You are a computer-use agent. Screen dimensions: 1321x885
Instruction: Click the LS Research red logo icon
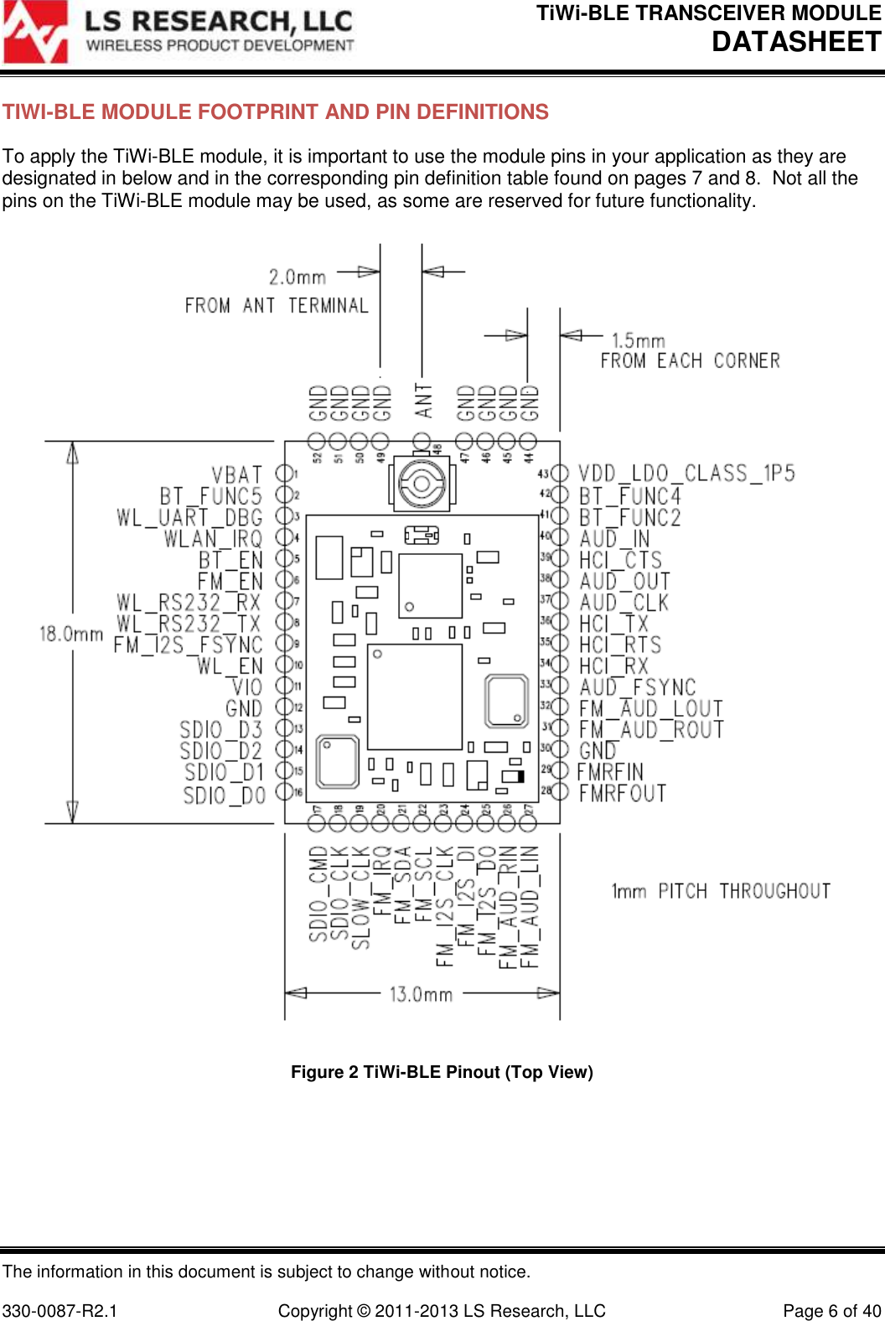(x=35, y=33)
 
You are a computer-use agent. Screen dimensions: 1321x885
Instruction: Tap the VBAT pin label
(x=236, y=475)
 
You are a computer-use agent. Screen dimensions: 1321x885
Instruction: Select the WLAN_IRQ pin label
(x=213, y=539)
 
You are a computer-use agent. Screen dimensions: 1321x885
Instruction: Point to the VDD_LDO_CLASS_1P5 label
(x=686, y=474)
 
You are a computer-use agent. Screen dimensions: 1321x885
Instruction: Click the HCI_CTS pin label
(x=620, y=560)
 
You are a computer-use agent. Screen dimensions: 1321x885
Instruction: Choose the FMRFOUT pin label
(x=622, y=793)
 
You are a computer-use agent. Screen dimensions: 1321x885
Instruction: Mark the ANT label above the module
(x=423, y=401)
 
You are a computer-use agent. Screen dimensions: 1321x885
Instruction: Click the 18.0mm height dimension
(x=71, y=634)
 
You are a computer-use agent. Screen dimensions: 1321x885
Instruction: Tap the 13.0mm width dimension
(x=421, y=995)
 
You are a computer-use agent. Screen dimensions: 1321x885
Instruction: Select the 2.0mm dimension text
(x=298, y=277)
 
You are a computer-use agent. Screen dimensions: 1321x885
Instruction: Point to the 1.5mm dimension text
(x=638, y=340)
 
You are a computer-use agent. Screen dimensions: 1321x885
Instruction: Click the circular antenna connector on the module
(x=421, y=484)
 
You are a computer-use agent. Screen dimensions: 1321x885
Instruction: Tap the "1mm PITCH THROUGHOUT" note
(x=721, y=891)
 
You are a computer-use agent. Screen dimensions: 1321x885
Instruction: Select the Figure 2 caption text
(x=442, y=1072)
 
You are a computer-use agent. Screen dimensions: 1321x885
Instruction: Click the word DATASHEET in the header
(x=796, y=42)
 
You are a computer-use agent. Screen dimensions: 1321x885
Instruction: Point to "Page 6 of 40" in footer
(x=831, y=1311)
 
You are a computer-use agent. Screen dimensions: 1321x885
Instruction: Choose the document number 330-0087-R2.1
(x=60, y=1311)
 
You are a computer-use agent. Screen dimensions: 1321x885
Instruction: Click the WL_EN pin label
(x=230, y=666)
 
